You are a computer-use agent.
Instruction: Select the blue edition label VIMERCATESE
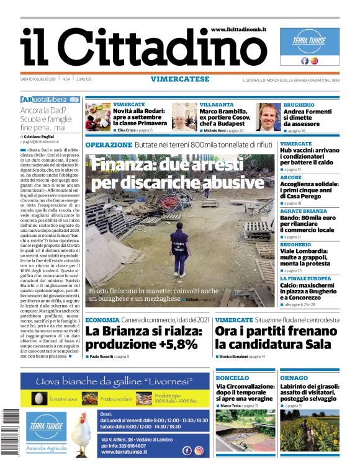(179, 79)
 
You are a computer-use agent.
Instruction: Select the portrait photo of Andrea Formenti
(269, 117)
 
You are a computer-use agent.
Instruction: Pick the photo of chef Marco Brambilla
(184, 117)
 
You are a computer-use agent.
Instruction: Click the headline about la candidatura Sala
(276, 339)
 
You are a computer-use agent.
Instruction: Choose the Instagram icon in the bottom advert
(199, 451)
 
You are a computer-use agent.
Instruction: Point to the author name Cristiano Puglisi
(45, 135)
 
